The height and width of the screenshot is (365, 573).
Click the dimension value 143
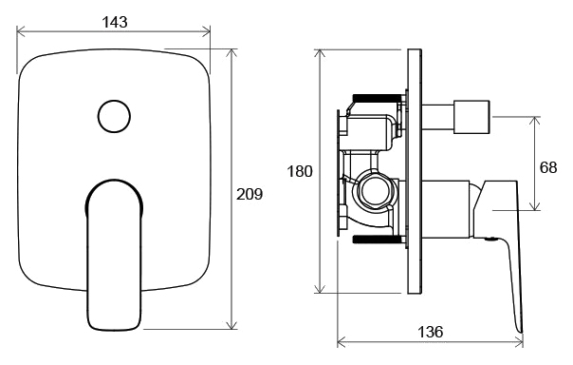click(x=115, y=22)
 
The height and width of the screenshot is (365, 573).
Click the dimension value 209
click(x=250, y=194)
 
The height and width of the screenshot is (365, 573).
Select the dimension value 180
click(x=300, y=171)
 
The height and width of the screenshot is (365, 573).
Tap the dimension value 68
click(x=548, y=167)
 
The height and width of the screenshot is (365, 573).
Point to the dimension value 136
click(x=430, y=332)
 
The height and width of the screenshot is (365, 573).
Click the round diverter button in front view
click(x=114, y=116)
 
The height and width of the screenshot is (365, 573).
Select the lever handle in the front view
click(x=114, y=255)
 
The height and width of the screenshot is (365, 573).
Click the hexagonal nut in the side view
click(x=374, y=190)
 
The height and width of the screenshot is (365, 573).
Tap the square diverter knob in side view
click(x=472, y=117)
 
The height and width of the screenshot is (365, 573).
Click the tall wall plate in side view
click(x=416, y=171)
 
